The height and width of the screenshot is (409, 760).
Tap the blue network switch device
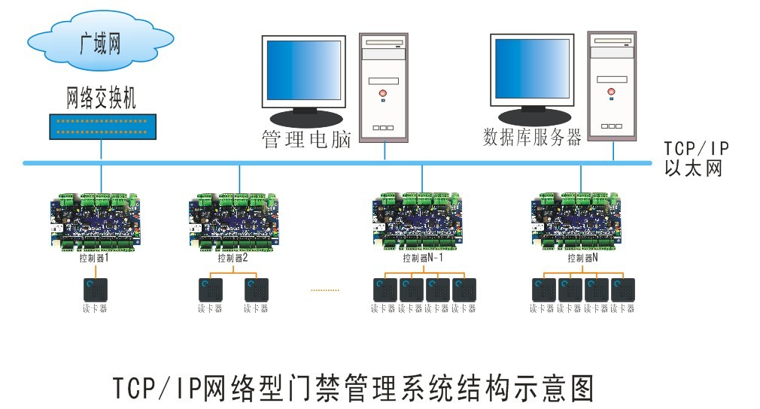point(102,126)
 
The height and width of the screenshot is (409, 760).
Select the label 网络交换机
point(101,96)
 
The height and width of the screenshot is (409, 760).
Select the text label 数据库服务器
point(532,138)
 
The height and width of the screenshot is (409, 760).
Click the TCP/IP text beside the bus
point(697,150)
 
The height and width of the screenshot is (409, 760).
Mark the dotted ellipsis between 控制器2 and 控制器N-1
point(325,289)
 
